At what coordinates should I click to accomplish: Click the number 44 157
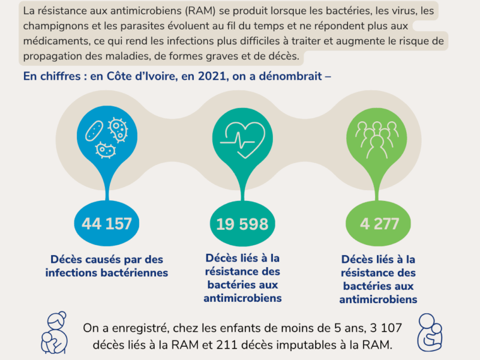(107, 223)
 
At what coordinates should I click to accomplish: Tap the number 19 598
(242, 224)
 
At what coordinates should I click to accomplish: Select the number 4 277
(379, 223)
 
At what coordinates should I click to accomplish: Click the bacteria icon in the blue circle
(107, 137)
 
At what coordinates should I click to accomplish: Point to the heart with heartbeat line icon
(242, 140)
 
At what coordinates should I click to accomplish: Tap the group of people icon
(377, 140)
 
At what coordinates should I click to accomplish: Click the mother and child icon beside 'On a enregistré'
(54, 333)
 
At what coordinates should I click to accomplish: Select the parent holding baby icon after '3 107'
(430, 332)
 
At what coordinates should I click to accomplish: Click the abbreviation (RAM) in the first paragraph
(200, 11)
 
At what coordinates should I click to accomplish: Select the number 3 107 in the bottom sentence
(386, 328)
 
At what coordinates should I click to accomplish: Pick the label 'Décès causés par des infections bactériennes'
(107, 266)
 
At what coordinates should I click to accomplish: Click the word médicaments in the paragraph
(56, 41)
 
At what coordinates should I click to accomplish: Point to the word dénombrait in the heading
(290, 76)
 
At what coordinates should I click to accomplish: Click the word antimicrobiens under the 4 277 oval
(378, 299)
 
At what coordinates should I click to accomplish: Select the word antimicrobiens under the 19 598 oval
(242, 298)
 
